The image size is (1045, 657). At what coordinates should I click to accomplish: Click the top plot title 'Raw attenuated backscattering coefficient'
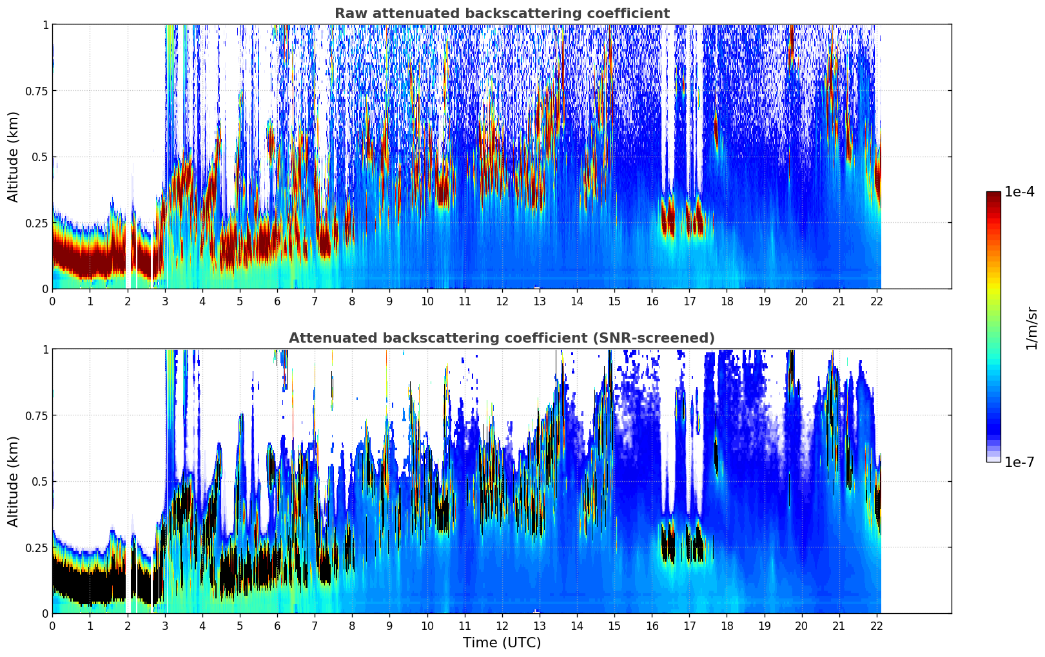click(x=502, y=14)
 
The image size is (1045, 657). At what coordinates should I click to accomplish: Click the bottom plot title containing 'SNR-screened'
click(x=502, y=338)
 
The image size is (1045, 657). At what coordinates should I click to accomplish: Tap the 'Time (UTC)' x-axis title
click(x=502, y=643)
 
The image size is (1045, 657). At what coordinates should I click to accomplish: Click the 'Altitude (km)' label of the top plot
click(x=14, y=157)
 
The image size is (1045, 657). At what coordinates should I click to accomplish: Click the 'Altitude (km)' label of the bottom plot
click(x=14, y=481)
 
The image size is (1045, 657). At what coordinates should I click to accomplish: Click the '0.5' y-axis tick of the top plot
click(x=40, y=157)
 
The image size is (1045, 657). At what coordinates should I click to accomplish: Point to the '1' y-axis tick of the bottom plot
click(x=45, y=350)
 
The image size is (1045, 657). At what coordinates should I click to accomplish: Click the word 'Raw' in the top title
click(x=349, y=14)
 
